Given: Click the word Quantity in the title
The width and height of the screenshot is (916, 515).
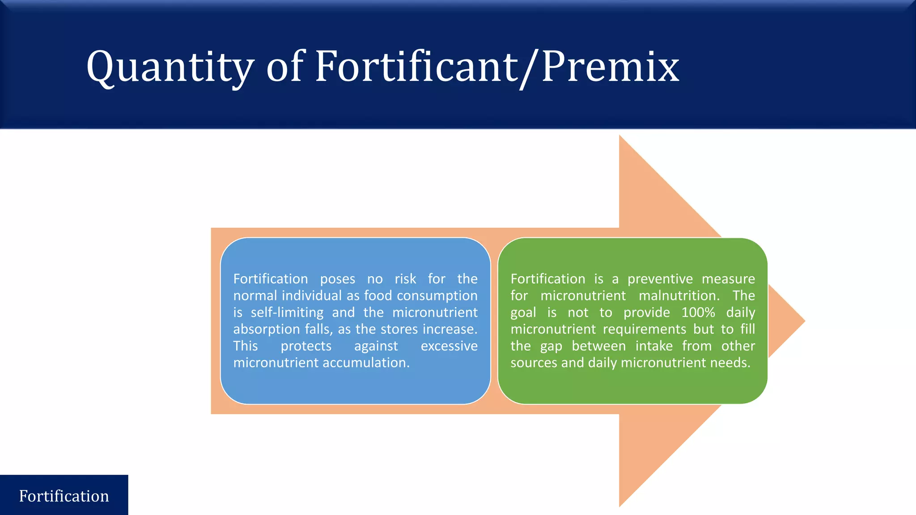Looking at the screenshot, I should pyautogui.click(x=170, y=67).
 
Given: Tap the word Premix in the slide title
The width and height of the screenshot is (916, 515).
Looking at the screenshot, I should pyautogui.click(x=611, y=67).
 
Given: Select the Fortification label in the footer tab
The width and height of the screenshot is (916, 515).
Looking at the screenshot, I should pyautogui.click(x=64, y=496).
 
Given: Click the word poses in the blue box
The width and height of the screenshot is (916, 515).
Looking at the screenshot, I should pyautogui.click(x=338, y=279).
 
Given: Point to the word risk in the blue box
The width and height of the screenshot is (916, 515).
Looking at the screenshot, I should pyautogui.click(x=405, y=279).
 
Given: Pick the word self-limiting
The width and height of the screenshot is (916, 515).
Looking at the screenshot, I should pyautogui.click(x=287, y=312).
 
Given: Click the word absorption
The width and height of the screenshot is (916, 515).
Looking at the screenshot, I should pyautogui.click(x=267, y=329).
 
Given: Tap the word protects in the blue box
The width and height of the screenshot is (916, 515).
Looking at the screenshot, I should pyautogui.click(x=306, y=346).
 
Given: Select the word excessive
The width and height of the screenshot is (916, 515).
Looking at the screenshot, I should pyautogui.click(x=449, y=346).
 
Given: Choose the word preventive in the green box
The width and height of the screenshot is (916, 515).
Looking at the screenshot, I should pyautogui.click(x=660, y=279).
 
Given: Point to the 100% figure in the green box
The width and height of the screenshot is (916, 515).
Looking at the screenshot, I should pyautogui.click(x=698, y=312).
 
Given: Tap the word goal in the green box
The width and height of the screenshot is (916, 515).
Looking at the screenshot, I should pyautogui.click(x=523, y=313).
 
